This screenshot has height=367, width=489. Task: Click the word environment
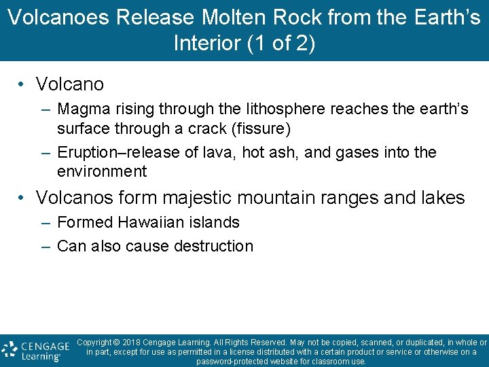pyautogui.click(x=102, y=171)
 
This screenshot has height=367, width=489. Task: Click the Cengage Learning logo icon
pyautogui.click(x=10, y=350)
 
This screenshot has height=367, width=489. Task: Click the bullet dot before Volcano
pyautogui.click(x=22, y=84)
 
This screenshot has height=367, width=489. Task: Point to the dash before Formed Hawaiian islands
pyautogui.click(x=45, y=222)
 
